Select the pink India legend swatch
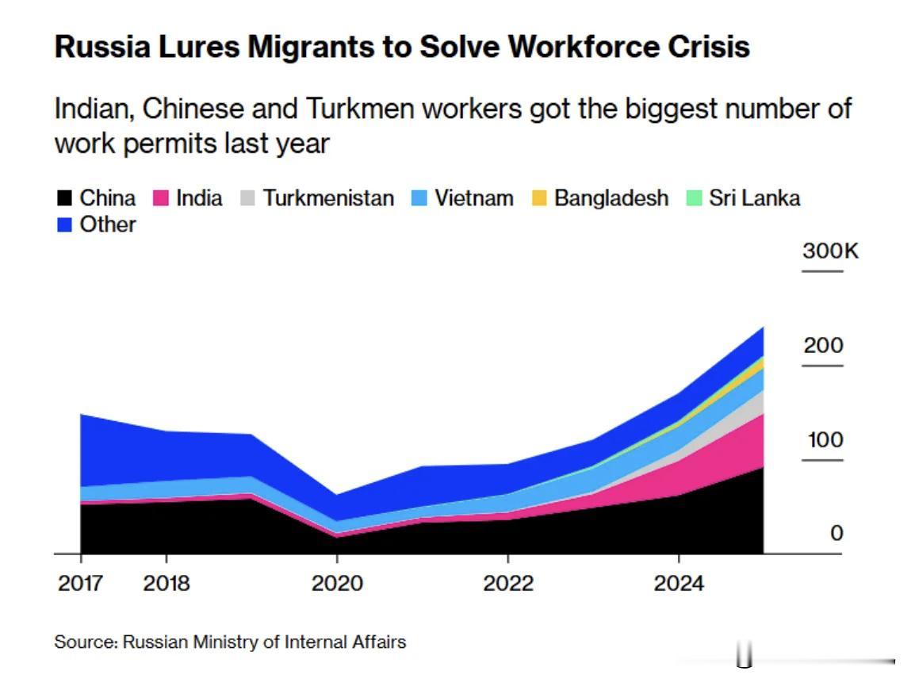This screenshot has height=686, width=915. tap(161, 198)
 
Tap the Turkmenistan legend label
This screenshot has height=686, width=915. tap(328, 198)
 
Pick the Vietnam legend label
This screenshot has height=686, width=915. tap(473, 198)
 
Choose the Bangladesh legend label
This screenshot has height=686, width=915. tap(611, 198)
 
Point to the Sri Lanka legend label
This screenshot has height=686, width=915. tap(754, 198)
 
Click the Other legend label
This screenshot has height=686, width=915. tap(108, 224)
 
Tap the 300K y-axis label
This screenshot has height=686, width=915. tap(830, 252)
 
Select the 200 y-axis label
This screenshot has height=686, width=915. tap(823, 346)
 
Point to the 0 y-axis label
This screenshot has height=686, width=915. tap(837, 534)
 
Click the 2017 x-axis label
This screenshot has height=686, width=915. tap(80, 584)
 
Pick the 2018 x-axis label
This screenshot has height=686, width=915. tap(167, 584)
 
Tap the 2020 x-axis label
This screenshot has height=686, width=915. tap(337, 584)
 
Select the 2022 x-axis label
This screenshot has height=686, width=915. tap(508, 584)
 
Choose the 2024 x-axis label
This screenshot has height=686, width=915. tap(679, 584)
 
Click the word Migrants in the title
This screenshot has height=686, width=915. tap(311, 48)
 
